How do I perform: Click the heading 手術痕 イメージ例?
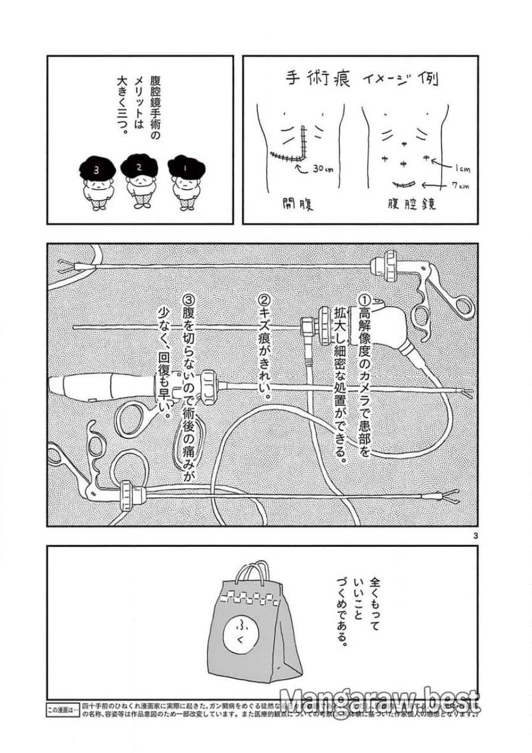coord(360,80)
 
